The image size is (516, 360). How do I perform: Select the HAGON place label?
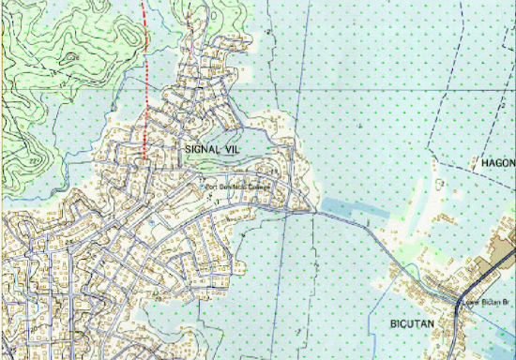[x=497, y=162]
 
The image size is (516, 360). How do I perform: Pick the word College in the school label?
[x=258, y=186]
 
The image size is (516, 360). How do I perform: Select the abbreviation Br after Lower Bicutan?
[x=505, y=302]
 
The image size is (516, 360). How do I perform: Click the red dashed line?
[x=145, y=84]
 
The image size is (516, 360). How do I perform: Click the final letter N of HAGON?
[x=512, y=162]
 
